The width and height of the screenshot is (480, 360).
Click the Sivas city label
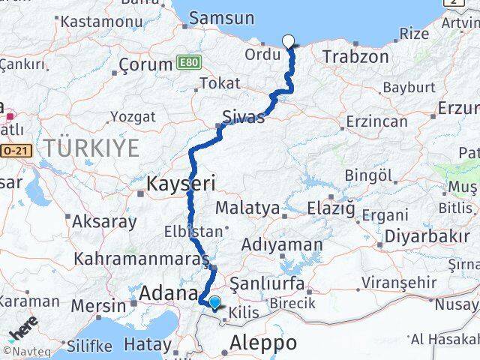(x=244, y=117)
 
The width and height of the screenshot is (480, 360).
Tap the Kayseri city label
(x=181, y=183)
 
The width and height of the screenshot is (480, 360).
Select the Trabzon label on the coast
(x=355, y=56)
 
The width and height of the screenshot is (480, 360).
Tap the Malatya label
(x=247, y=207)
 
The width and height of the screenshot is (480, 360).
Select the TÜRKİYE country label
(x=91, y=148)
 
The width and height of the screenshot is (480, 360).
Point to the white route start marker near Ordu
(x=287, y=41)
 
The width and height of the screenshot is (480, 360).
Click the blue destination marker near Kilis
(x=215, y=302)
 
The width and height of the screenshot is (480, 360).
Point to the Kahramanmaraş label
(x=142, y=259)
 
